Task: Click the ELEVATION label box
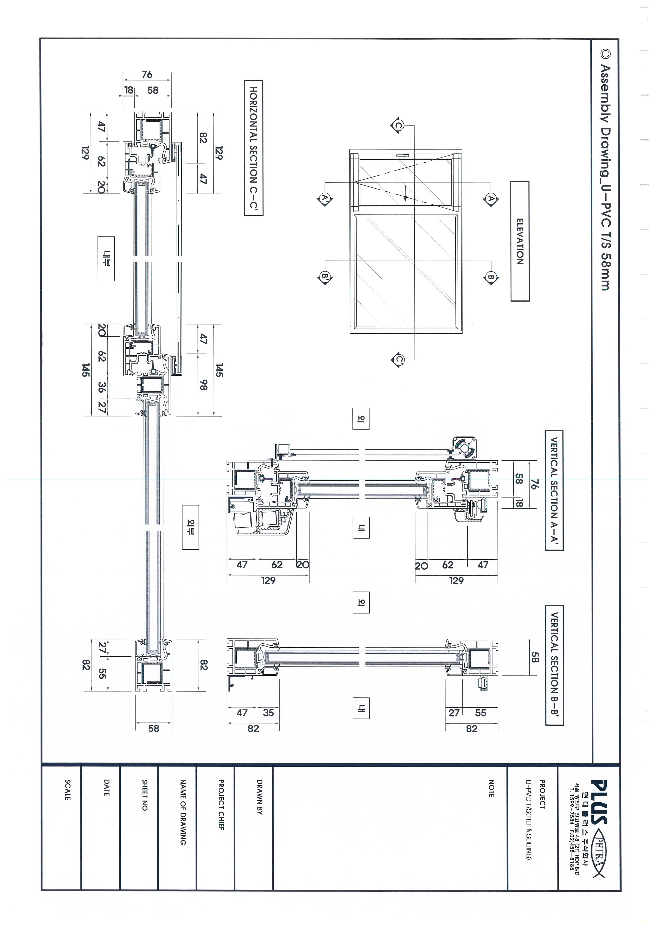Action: tap(520, 241)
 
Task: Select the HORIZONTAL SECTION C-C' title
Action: tap(253, 148)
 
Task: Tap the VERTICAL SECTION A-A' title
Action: tap(554, 490)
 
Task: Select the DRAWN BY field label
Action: tap(260, 797)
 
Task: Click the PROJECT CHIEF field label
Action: tap(221, 804)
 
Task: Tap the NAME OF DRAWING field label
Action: tap(183, 812)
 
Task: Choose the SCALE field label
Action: tap(68, 790)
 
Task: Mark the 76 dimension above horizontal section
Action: tap(147, 74)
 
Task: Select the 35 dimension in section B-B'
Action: tap(268, 713)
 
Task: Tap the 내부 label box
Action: tap(106, 259)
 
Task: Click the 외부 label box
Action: tap(190, 527)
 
